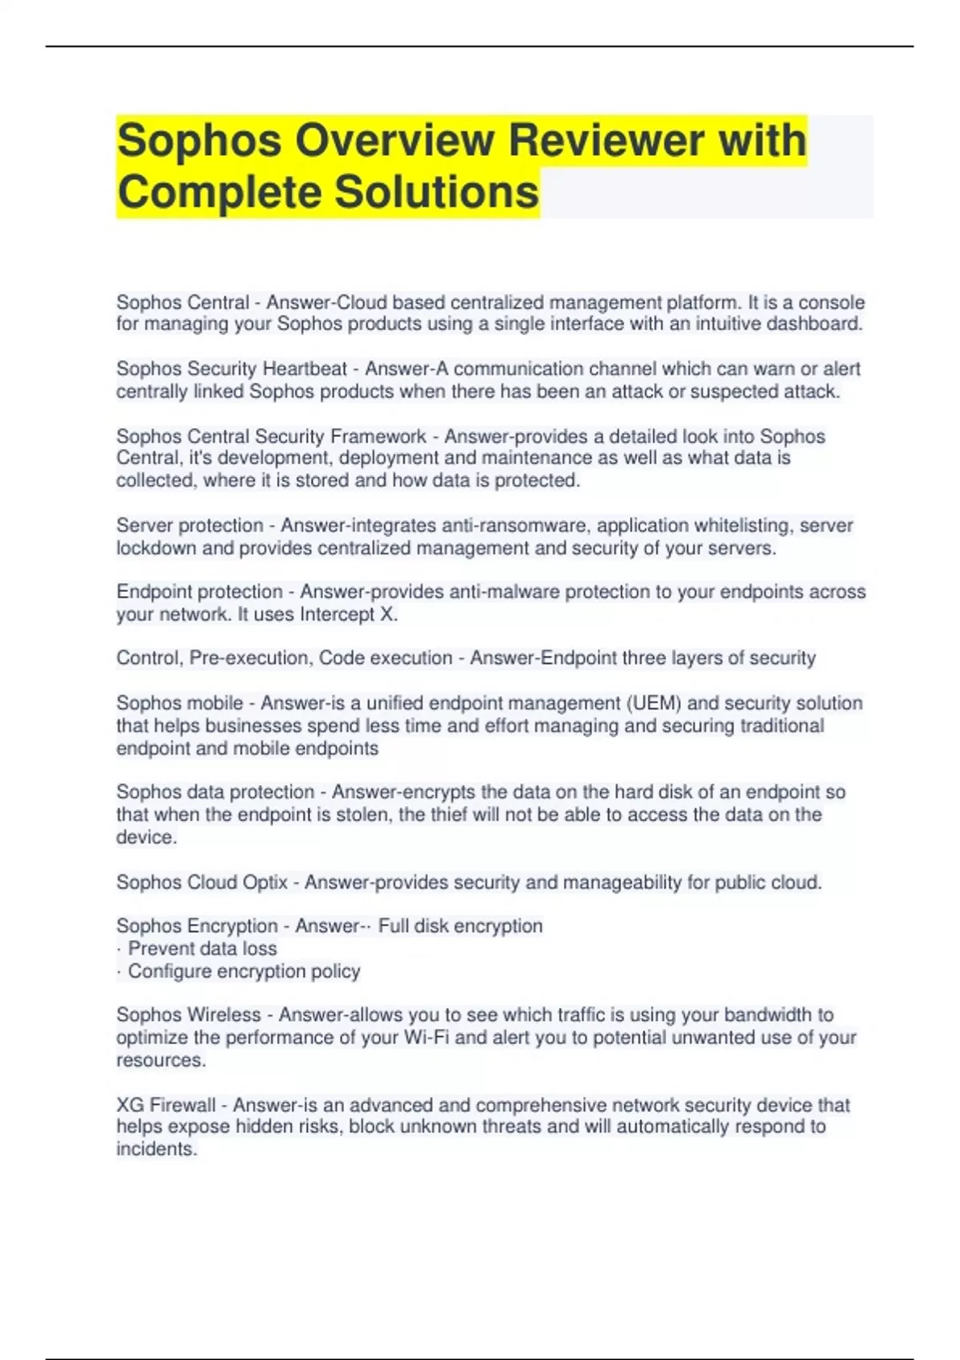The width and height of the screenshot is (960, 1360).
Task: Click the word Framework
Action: tap(378, 436)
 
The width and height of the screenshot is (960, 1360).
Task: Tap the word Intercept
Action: tap(336, 614)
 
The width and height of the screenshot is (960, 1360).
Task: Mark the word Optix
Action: tap(265, 882)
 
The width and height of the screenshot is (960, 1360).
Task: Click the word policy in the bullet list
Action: tap(336, 971)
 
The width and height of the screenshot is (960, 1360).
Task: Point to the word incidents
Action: tap(155, 1149)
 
